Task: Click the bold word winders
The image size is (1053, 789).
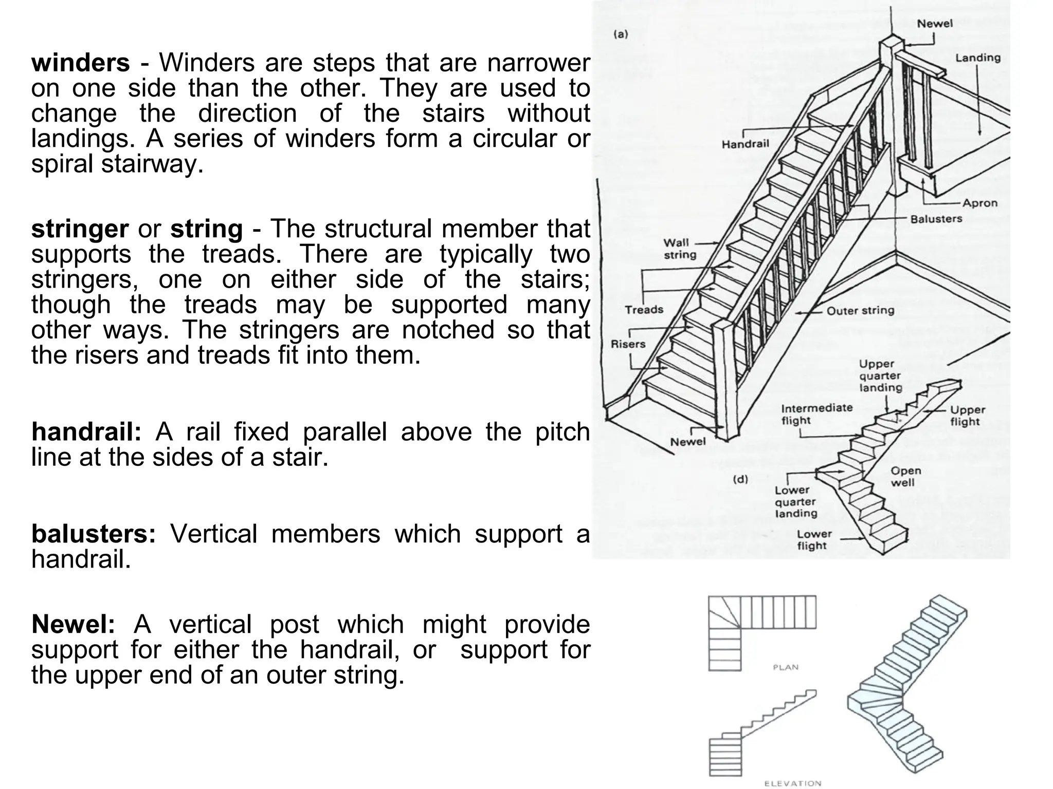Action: [x=80, y=64]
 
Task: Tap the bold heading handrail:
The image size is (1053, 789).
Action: [x=86, y=432]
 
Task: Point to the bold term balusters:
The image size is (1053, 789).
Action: [x=93, y=534]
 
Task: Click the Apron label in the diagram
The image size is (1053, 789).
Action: [x=980, y=203]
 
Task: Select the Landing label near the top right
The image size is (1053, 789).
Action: [x=978, y=58]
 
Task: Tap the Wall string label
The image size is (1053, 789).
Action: [x=680, y=249]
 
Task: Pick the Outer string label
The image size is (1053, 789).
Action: [x=860, y=311]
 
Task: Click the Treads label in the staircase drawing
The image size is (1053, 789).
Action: [x=644, y=310]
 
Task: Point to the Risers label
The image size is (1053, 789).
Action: [x=628, y=344]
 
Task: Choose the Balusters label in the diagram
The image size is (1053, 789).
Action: [x=936, y=219]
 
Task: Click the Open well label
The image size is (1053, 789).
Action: [x=905, y=476]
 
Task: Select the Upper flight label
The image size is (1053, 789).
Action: [x=967, y=416]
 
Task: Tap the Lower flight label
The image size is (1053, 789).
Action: [x=814, y=540]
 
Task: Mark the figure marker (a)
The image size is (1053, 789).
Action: [x=621, y=34]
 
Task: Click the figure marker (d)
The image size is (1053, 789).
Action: [x=740, y=479]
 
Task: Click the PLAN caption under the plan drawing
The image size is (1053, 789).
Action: [x=786, y=667]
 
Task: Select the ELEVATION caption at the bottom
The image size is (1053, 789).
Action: [x=792, y=783]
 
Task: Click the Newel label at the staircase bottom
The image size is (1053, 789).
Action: [x=688, y=442]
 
